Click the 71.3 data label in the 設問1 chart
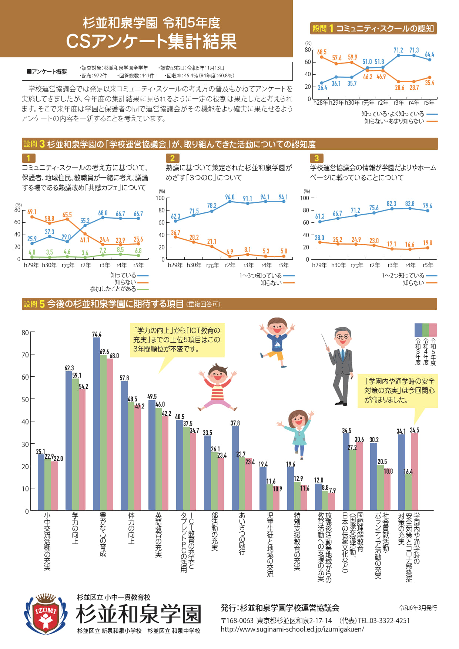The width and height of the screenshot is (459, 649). click(x=414, y=50)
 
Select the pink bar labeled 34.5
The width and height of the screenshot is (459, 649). click(x=415, y=472)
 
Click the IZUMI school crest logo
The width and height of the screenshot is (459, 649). click(x=46, y=614)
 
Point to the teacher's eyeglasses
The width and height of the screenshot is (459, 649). click(x=343, y=336)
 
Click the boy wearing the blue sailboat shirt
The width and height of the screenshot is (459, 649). click(x=277, y=341)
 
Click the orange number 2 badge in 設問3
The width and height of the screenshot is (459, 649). click(x=172, y=158)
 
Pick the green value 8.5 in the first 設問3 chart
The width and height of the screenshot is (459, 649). click(x=120, y=250)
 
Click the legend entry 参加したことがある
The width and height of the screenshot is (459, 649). click(x=113, y=289)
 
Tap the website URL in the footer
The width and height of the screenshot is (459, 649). click(x=292, y=629)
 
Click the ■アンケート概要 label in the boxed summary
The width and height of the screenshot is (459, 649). click(x=47, y=71)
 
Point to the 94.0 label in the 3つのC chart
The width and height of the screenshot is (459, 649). click(x=230, y=197)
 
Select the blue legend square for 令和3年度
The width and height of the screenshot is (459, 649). click(x=418, y=329)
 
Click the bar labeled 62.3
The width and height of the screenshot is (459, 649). click(x=69, y=440)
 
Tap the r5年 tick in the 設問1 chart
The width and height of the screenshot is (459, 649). click(x=429, y=102)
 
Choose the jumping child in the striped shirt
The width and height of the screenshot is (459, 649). click(x=217, y=387)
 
